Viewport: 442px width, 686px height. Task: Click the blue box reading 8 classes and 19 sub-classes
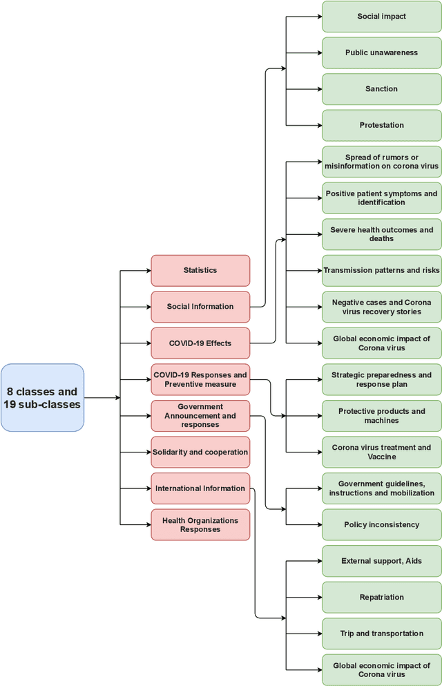click(42, 398)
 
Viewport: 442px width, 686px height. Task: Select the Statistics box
click(200, 270)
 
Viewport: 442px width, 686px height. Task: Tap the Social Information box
click(200, 307)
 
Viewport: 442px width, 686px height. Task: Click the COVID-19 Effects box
click(200, 343)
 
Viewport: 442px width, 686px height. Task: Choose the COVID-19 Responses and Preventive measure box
click(200, 379)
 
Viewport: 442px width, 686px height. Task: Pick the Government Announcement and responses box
click(200, 416)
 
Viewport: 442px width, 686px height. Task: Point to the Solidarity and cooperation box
click(200, 452)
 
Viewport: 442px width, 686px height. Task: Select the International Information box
click(200, 488)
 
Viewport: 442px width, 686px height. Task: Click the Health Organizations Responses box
click(200, 525)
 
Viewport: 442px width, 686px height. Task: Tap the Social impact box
click(381, 17)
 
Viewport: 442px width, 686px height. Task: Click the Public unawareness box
click(381, 53)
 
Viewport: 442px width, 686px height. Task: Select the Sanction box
click(381, 89)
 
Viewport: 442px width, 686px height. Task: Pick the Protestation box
click(381, 125)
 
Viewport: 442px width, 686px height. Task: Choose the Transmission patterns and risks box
click(381, 270)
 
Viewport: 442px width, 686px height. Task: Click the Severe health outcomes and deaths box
click(381, 234)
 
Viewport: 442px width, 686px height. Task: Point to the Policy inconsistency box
click(381, 524)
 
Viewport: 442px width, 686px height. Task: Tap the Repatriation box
click(381, 597)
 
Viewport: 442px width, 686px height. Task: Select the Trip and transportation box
click(381, 633)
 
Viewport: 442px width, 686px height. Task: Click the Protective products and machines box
click(381, 416)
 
